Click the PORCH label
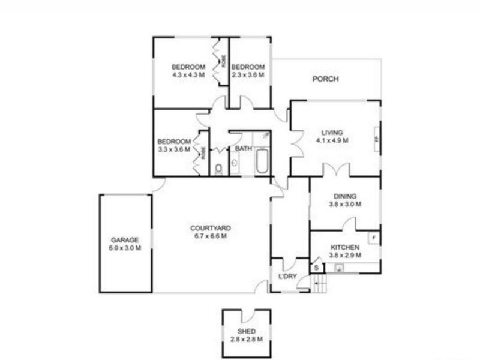coord(326,79)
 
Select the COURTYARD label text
coord(210,228)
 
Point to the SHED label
coord(246,332)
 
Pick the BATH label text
coord(243,148)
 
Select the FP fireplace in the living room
coord(376,139)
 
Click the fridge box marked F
coord(373,237)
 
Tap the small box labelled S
coord(315,268)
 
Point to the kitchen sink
coord(340,268)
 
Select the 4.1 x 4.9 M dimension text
coord(332,140)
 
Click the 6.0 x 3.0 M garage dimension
coord(125,248)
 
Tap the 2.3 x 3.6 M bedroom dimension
coord(248,74)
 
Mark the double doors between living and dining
coord(334,170)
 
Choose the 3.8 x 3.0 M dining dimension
coord(345,204)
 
